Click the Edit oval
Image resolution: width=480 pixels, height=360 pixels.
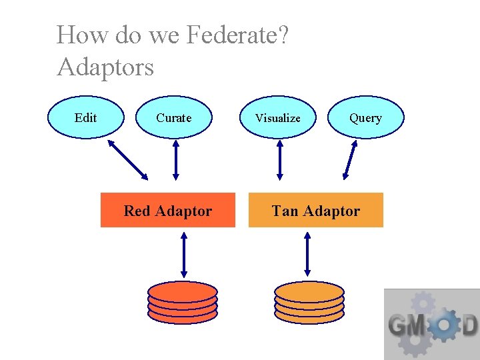(x=86, y=117)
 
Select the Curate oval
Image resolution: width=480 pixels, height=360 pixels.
(x=174, y=117)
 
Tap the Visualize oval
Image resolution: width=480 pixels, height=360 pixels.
(x=278, y=117)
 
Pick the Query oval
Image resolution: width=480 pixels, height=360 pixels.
(x=366, y=117)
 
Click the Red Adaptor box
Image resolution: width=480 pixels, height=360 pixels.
(x=168, y=211)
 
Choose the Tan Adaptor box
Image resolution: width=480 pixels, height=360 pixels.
(x=316, y=211)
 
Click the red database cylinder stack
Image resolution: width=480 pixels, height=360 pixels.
(x=183, y=302)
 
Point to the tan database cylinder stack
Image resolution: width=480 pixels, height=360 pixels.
(x=309, y=302)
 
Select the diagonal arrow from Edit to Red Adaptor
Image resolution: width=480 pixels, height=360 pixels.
(x=127, y=159)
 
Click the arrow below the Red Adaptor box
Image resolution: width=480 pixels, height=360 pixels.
(x=184, y=254)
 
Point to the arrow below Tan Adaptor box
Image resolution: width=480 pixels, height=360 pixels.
(x=307, y=254)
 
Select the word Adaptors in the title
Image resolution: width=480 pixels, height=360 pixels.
(x=105, y=67)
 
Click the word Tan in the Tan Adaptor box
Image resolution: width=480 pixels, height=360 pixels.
(x=285, y=211)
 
